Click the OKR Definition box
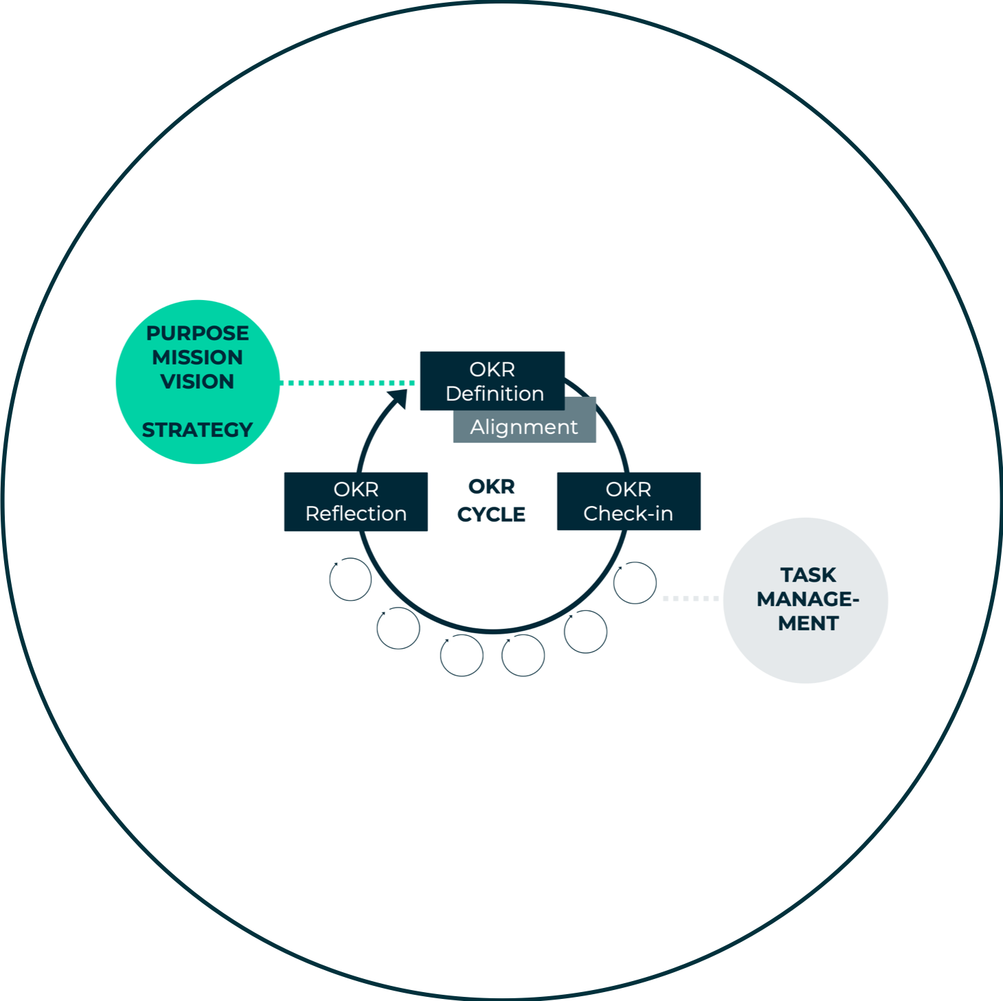(x=492, y=380)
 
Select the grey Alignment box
(x=524, y=427)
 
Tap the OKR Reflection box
(x=356, y=501)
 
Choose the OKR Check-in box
(x=629, y=501)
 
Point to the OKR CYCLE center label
(x=491, y=500)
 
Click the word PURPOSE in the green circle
(x=197, y=333)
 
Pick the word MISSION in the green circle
(x=197, y=357)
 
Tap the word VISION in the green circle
(x=197, y=381)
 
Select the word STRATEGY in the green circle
(x=197, y=430)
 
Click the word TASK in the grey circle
(x=808, y=575)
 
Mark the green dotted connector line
(x=347, y=382)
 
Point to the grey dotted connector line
(x=690, y=599)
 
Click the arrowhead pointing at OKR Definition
(x=398, y=398)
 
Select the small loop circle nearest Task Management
(x=635, y=583)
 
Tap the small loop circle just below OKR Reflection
(x=350, y=579)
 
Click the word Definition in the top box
(x=495, y=393)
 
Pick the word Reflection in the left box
(x=356, y=514)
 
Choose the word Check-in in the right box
(x=628, y=514)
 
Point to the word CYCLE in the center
(x=491, y=514)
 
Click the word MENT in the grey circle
(x=808, y=623)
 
